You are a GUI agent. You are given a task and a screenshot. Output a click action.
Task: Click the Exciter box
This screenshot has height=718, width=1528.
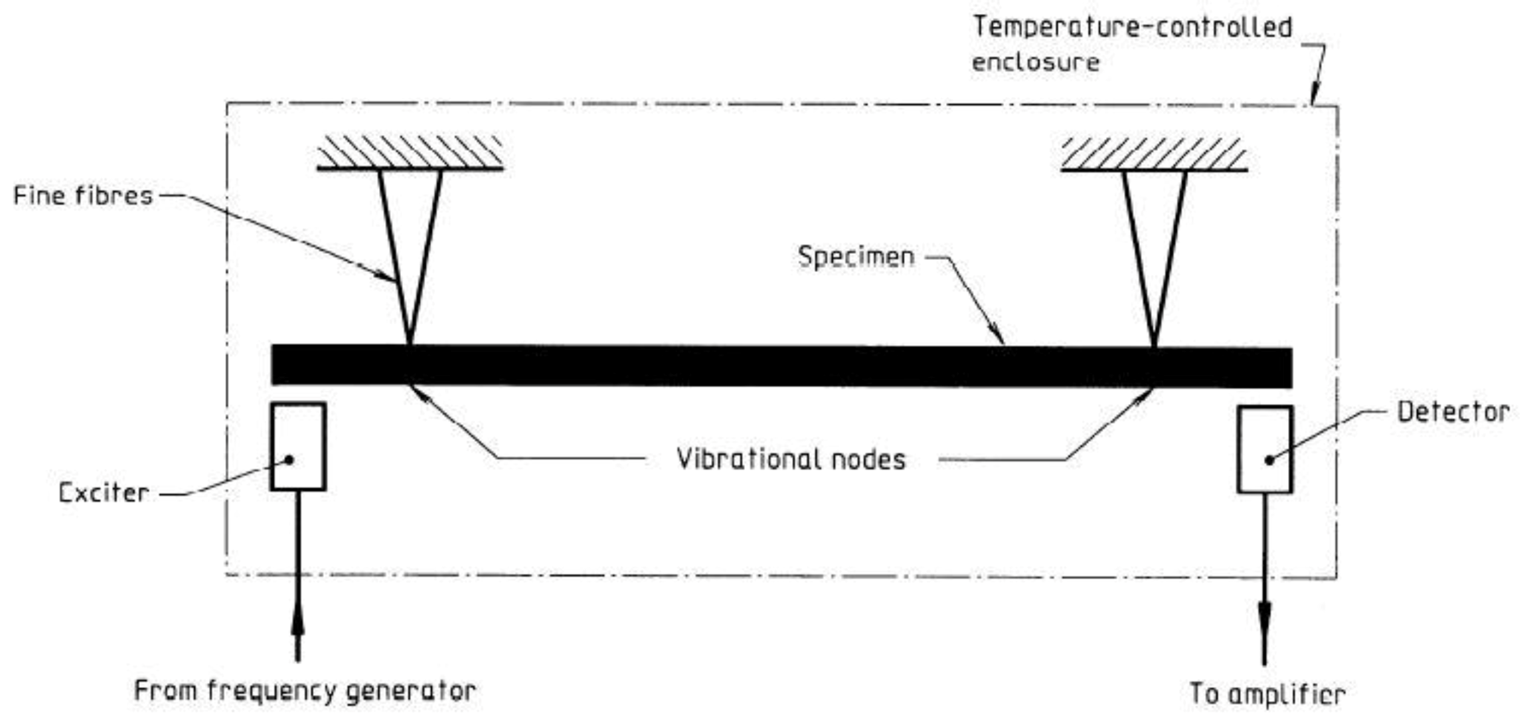(x=298, y=446)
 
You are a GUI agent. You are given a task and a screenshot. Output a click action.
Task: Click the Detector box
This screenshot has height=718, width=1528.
(x=1265, y=449)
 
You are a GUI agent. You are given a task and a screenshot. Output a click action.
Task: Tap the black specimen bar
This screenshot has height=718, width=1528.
(x=781, y=366)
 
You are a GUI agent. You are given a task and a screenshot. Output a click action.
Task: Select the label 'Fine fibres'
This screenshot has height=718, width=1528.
(x=84, y=196)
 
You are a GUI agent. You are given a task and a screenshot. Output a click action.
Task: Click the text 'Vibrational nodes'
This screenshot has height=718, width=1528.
(x=790, y=459)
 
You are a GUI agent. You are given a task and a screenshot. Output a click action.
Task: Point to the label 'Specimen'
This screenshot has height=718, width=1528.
(x=856, y=256)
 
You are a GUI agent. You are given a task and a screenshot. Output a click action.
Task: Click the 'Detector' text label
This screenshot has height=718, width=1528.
(x=1452, y=412)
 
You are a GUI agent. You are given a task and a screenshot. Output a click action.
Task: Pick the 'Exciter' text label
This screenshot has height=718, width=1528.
(x=104, y=493)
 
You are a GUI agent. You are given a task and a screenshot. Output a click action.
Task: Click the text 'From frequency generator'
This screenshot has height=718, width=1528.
(x=305, y=691)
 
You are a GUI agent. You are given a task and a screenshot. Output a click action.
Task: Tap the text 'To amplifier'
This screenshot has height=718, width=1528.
(x=1267, y=694)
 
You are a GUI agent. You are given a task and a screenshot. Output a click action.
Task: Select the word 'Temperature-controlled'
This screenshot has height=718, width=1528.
(x=1132, y=27)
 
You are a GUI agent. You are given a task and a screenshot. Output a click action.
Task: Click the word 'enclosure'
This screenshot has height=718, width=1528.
(x=1036, y=62)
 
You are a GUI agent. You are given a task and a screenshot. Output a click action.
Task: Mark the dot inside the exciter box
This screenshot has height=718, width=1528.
(x=289, y=460)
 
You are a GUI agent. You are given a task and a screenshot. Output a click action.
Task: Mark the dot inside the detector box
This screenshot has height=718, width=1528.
(x=1269, y=460)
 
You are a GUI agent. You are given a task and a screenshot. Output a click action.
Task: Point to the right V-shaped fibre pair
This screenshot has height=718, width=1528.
(x=1154, y=254)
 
